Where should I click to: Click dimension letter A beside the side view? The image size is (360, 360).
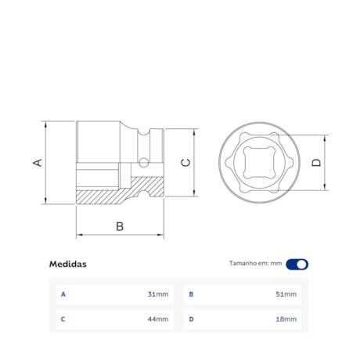click(36, 162)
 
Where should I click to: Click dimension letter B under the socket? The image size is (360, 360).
click(120, 226)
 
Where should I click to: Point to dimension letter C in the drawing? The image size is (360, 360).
click(185, 162)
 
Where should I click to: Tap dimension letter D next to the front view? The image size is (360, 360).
click(316, 162)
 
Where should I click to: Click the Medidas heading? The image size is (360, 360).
click(67, 264)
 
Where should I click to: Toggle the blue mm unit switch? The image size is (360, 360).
click(297, 264)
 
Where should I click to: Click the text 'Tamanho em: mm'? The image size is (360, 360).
click(255, 264)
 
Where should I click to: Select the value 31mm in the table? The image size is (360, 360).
click(157, 294)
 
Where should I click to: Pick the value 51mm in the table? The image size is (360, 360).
click(286, 294)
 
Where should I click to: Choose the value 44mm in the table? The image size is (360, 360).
click(157, 319)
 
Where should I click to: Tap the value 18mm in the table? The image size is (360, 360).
click(286, 319)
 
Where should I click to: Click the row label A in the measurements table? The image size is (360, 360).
click(63, 294)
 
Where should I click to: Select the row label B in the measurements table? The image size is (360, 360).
click(191, 294)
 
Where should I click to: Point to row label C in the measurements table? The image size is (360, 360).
click(63, 319)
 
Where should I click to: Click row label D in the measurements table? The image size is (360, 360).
click(191, 319)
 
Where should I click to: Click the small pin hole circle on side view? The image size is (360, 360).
click(142, 163)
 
